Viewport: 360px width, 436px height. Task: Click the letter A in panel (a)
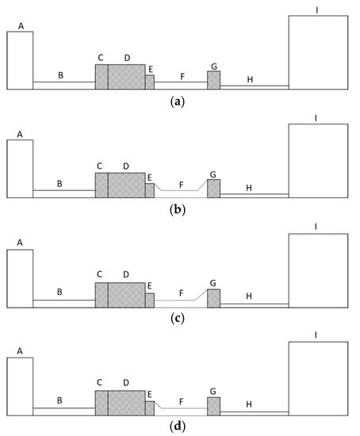point(21,26)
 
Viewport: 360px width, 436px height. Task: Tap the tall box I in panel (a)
point(317,52)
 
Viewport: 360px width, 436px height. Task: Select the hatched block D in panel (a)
point(126,76)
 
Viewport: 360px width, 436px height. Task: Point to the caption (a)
point(178,101)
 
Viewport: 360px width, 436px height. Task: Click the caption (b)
point(178,210)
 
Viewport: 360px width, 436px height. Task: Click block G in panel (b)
point(214,188)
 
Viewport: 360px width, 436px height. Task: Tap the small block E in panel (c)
point(150,300)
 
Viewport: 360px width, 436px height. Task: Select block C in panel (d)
point(101,403)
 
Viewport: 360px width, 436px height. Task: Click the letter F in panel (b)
point(182,184)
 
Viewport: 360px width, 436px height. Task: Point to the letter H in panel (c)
point(249,296)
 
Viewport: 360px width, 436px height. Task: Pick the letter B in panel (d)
point(59,401)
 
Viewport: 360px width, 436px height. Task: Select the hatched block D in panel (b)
point(126,185)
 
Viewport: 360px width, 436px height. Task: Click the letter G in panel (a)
point(214,65)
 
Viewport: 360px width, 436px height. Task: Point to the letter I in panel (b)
point(316,118)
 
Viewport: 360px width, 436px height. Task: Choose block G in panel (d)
point(214,406)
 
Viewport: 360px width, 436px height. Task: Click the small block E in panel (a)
point(150,82)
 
